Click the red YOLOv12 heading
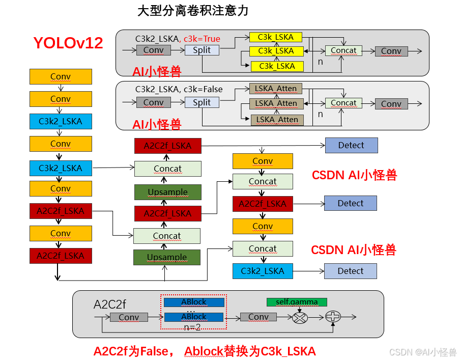pyautogui.click(x=68, y=43)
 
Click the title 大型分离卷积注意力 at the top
pyautogui.click(x=193, y=11)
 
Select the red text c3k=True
pyautogui.click(x=202, y=39)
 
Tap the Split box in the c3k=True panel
pyautogui.click(x=202, y=50)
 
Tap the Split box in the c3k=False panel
pyautogui.click(x=202, y=102)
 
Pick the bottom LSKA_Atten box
pyautogui.click(x=277, y=120)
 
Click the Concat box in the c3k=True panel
pyautogui.click(x=343, y=50)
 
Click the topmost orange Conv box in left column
pyautogui.click(x=61, y=76)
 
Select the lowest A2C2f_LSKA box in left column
pyautogui.click(x=61, y=256)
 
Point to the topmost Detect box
pyautogui.click(x=351, y=145)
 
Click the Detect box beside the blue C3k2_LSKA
pyautogui.click(x=351, y=271)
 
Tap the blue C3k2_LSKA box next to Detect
pyautogui.click(x=263, y=271)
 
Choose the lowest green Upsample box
pyautogui.click(x=167, y=257)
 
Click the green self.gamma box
pyautogui.click(x=297, y=302)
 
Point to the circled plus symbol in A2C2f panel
pyautogui.click(x=333, y=317)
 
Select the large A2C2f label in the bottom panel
pyautogui.click(x=109, y=304)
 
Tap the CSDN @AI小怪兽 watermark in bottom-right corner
pyautogui.click(x=423, y=352)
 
